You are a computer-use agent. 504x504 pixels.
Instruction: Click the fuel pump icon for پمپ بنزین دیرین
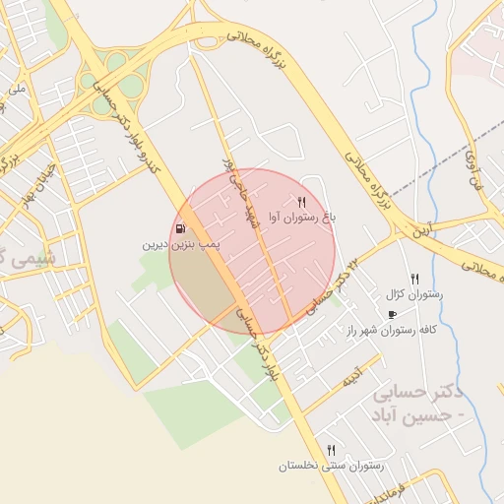pos(180,229)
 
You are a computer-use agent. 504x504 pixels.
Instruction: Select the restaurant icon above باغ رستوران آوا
pos(287,204)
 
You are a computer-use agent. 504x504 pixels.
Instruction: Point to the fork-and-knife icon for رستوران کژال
pos(414,280)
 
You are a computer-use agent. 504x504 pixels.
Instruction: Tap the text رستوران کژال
pos(417,293)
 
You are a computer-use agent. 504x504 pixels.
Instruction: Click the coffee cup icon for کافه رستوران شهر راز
pos(392,315)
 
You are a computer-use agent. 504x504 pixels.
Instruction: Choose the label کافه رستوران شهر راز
pos(391,330)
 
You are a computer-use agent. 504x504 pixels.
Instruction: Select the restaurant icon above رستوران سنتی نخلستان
pos(331,450)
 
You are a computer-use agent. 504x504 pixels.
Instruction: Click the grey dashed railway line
pos(463,148)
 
